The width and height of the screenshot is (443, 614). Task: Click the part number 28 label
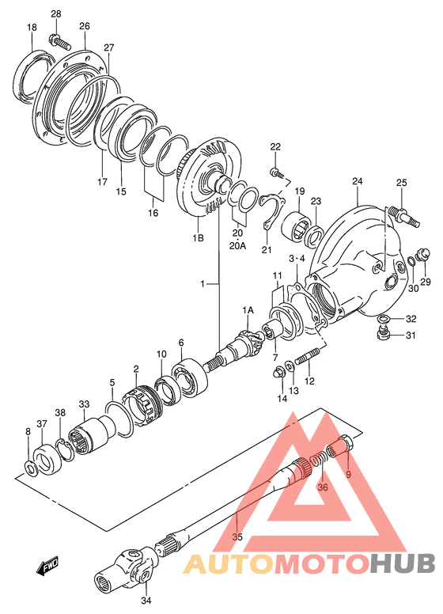tap(56, 14)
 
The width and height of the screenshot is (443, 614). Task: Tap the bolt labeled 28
tap(60, 42)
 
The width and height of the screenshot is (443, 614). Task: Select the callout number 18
tap(32, 28)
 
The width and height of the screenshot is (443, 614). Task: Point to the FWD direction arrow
tap(47, 566)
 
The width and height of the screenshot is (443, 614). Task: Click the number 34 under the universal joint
tap(146, 600)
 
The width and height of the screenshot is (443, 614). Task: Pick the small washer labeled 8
tap(30, 468)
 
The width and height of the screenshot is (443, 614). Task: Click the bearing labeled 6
tap(190, 378)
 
